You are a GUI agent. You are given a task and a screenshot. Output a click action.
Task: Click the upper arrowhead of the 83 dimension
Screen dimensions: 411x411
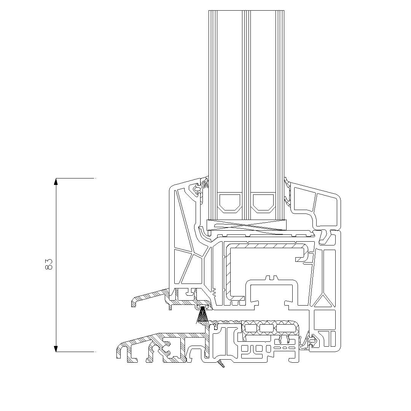(x=56, y=182)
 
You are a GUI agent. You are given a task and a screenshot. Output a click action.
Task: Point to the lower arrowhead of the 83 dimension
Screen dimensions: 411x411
(x=56, y=349)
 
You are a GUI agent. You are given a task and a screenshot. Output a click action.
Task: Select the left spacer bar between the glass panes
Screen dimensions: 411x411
(x=230, y=202)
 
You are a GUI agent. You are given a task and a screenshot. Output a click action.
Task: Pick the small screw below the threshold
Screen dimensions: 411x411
(x=221, y=364)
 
